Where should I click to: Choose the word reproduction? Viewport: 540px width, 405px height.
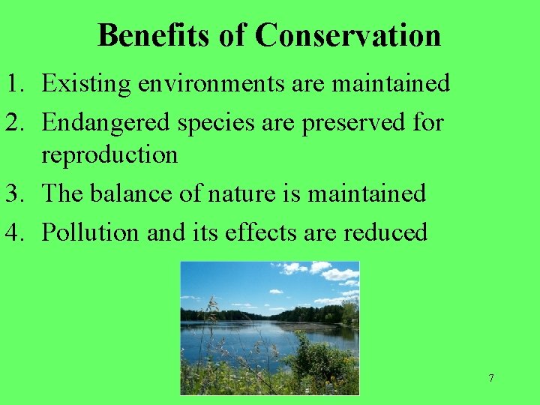tap(109, 156)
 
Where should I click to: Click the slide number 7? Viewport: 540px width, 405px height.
tap(491, 378)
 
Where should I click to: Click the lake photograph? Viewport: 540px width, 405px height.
tap(269, 327)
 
